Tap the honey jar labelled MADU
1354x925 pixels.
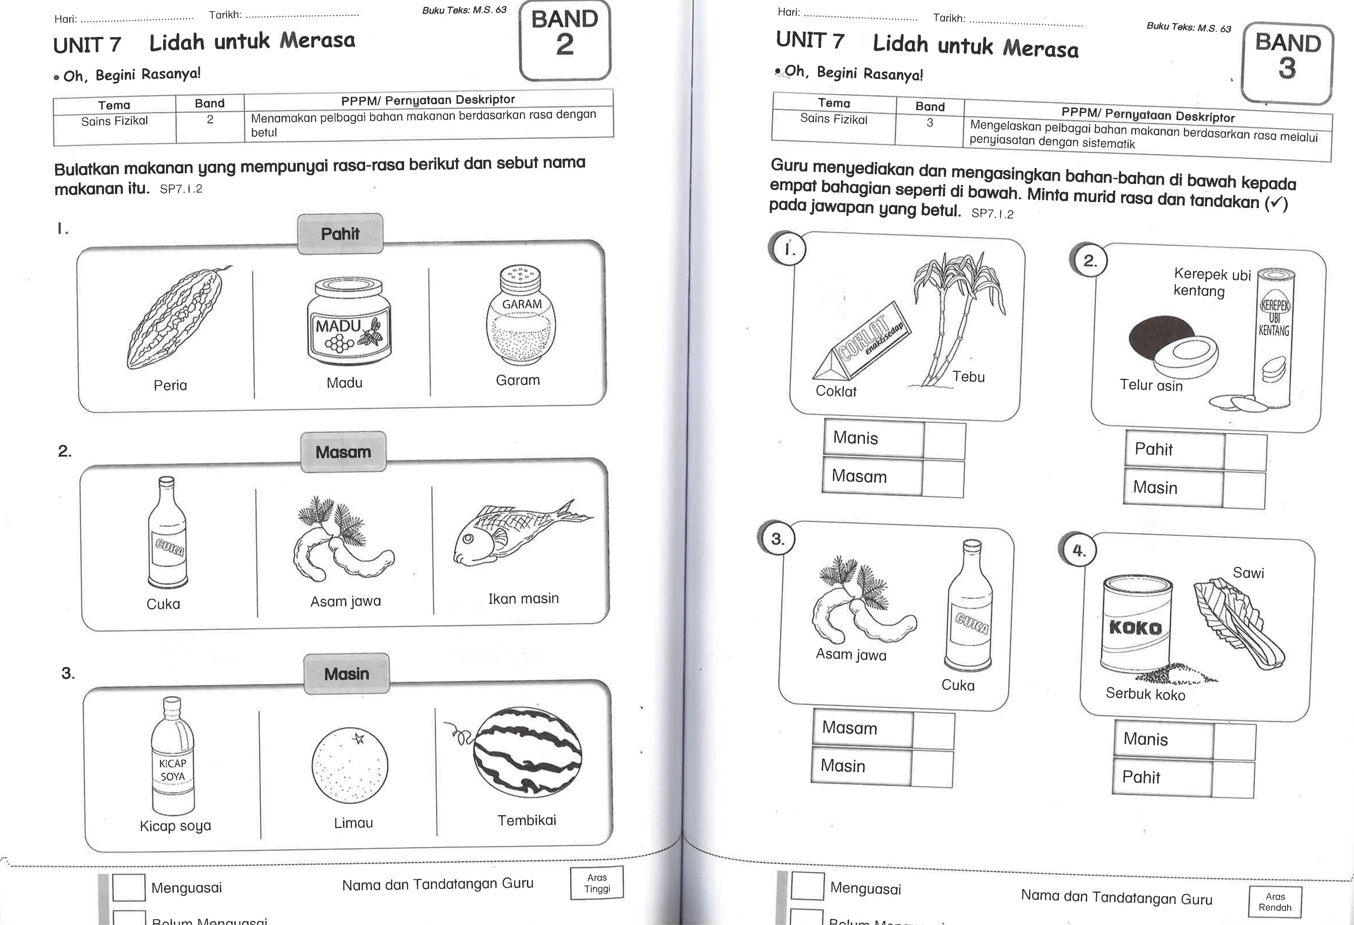pos(348,323)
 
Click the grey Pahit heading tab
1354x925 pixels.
pos(340,233)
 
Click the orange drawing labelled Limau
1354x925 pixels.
pos(350,765)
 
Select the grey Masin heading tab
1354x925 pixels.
pos(347,674)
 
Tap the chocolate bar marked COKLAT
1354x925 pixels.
pos(862,344)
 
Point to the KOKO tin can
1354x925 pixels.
pos(1136,623)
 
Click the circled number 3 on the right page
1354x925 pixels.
pos(777,539)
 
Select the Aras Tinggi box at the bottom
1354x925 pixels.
pos(597,883)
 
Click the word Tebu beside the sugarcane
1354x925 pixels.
pos(968,377)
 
